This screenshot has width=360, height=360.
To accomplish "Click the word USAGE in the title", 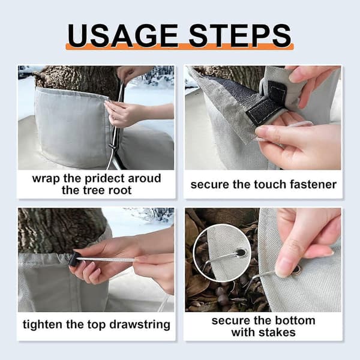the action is point(123,35).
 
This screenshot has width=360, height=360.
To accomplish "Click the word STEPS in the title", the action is point(240,35).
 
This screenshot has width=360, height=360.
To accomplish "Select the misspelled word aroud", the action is point(145,178).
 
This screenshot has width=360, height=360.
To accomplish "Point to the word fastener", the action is point(313,185).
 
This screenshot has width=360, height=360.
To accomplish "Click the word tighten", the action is point(43,325).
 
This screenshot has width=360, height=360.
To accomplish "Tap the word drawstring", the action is point(140,325).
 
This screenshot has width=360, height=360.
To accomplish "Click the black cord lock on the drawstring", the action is point(73,259).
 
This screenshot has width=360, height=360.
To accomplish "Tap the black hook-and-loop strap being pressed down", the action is point(264,108).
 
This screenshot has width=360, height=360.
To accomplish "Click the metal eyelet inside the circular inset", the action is point(241,253).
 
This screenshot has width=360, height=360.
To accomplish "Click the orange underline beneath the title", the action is point(179,47).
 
